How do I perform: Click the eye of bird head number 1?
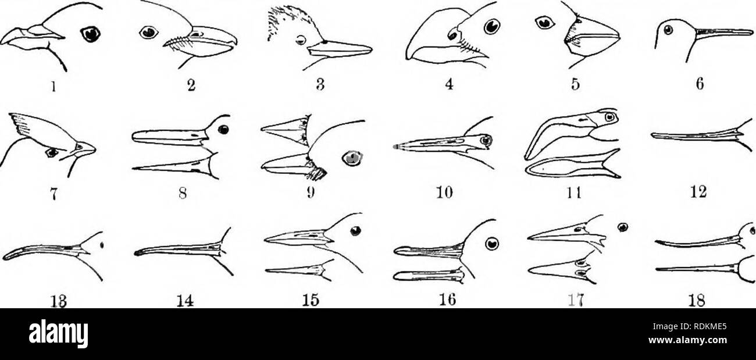coord(89,35)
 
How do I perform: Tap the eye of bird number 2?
coord(148,34)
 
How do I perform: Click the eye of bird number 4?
coord(491,27)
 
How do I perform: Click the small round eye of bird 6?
coord(669,27)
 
